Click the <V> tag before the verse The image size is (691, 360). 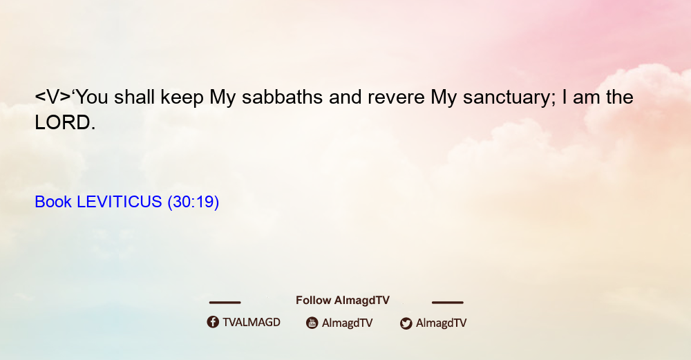53,97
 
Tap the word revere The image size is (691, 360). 396,97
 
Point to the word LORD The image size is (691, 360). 65,122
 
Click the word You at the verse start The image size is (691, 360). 92,97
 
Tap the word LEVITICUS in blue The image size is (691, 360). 120,202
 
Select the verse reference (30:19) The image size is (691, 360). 193,202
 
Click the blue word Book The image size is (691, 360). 53,202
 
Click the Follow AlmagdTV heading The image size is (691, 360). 343,301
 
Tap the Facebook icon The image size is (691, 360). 213,322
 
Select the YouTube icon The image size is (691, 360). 312,323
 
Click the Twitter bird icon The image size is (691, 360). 406,323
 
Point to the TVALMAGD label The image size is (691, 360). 252,322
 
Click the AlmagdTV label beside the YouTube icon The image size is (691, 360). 348,323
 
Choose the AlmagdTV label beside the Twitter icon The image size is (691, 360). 441,323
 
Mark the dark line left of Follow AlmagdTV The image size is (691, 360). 225,302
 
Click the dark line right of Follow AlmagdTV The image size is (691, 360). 448,302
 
